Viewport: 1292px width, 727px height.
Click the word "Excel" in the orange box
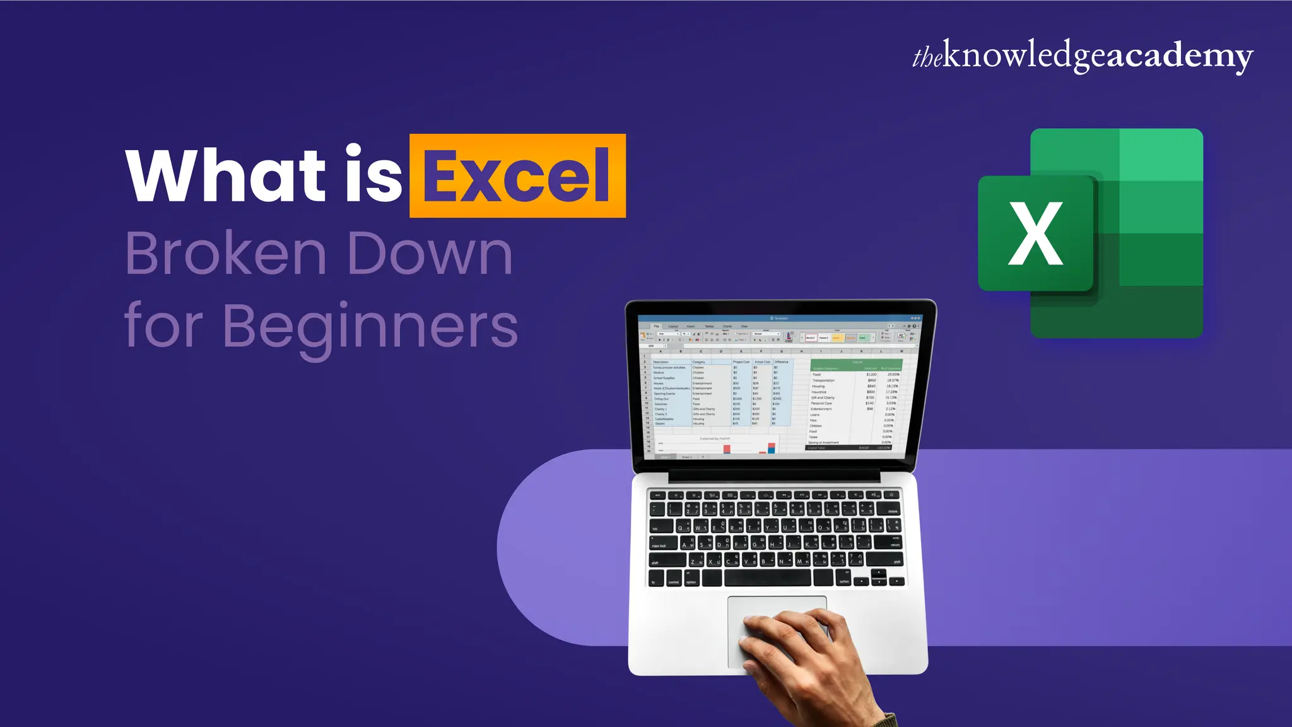tap(517, 176)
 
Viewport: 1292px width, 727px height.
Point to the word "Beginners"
tap(370, 326)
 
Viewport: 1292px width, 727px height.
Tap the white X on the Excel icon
tap(1035, 233)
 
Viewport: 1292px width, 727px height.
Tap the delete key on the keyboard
tap(891, 509)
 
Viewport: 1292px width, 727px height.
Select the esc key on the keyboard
tap(657, 495)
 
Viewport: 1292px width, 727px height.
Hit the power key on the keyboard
tap(892, 495)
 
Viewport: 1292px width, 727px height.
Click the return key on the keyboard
tap(895, 542)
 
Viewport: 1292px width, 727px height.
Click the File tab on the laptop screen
tap(656, 326)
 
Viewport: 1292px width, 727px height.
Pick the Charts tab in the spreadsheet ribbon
tap(727, 326)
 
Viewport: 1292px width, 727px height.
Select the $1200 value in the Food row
tap(871, 374)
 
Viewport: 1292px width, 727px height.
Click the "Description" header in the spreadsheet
tap(661, 362)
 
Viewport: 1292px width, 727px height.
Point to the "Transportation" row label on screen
tap(823, 381)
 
